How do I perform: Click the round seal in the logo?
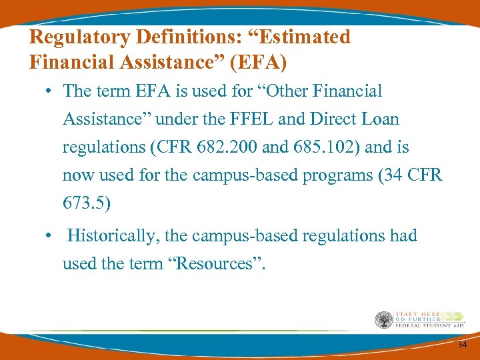383,320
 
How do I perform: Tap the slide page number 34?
462,345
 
